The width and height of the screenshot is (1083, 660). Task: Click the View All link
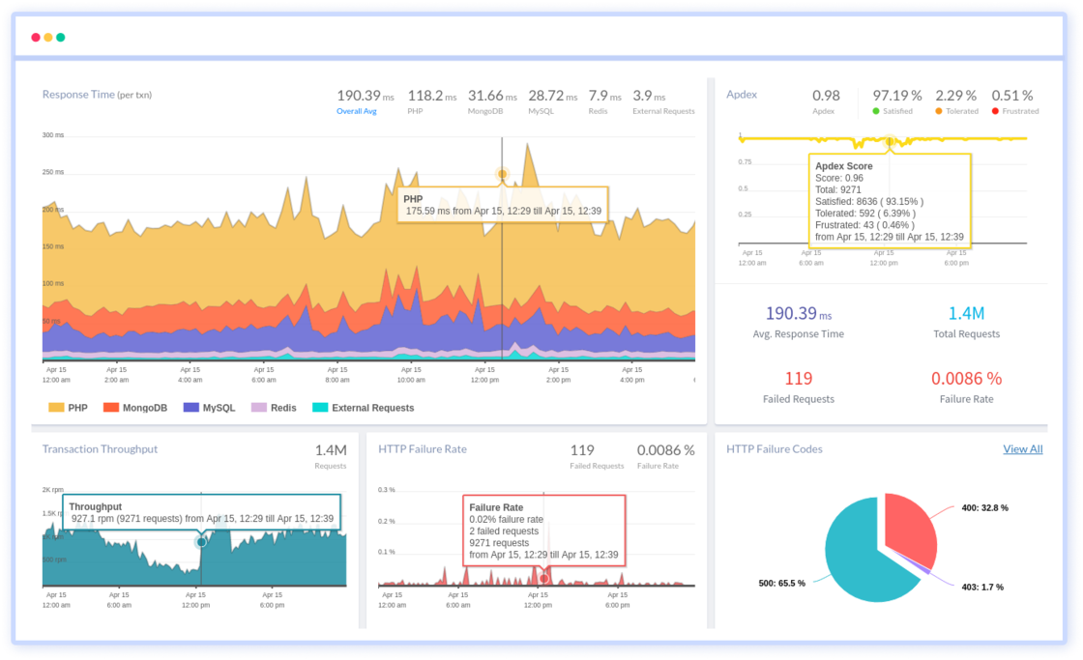click(1022, 448)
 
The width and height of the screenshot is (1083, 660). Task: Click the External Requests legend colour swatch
click(319, 408)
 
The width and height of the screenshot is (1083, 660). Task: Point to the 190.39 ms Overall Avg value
click(366, 96)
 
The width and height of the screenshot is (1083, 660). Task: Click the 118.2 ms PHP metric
click(431, 96)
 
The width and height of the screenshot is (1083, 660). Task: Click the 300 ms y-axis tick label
click(52, 135)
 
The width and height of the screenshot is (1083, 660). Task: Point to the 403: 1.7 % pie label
click(981, 587)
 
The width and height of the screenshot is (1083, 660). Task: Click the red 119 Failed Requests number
click(798, 378)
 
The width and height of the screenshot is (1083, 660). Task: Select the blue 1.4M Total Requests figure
click(965, 313)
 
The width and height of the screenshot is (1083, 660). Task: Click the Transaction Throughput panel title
click(100, 448)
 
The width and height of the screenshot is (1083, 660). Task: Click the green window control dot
click(61, 38)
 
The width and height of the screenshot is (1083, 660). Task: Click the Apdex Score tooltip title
click(843, 166)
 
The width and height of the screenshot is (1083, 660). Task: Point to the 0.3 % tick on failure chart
click(386, 490)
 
